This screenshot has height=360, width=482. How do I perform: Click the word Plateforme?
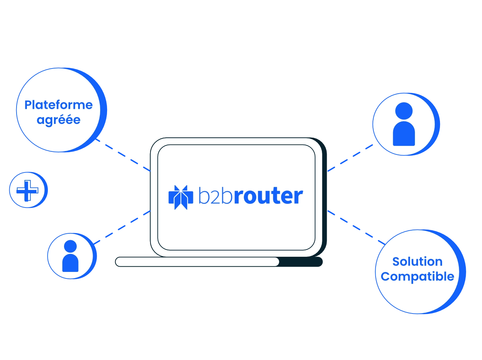[59, 105]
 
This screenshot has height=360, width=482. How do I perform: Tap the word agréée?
[59, 120]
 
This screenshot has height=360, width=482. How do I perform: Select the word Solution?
[417, 262]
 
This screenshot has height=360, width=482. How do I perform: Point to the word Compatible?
[417, 276]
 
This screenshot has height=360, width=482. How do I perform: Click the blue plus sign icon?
[28, 190]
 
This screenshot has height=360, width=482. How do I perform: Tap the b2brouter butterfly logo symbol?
[180, 197]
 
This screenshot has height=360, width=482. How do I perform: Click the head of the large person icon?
[404, 110]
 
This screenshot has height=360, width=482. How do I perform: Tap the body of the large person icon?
[404, 134]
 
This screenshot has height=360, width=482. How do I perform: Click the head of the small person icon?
[70, 246]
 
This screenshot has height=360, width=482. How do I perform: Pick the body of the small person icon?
[70, 263]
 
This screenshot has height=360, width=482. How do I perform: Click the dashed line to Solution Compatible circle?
[356, 227]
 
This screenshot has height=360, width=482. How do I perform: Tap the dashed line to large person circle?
[351, 158]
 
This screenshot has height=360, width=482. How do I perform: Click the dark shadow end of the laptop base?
[301, 262]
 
